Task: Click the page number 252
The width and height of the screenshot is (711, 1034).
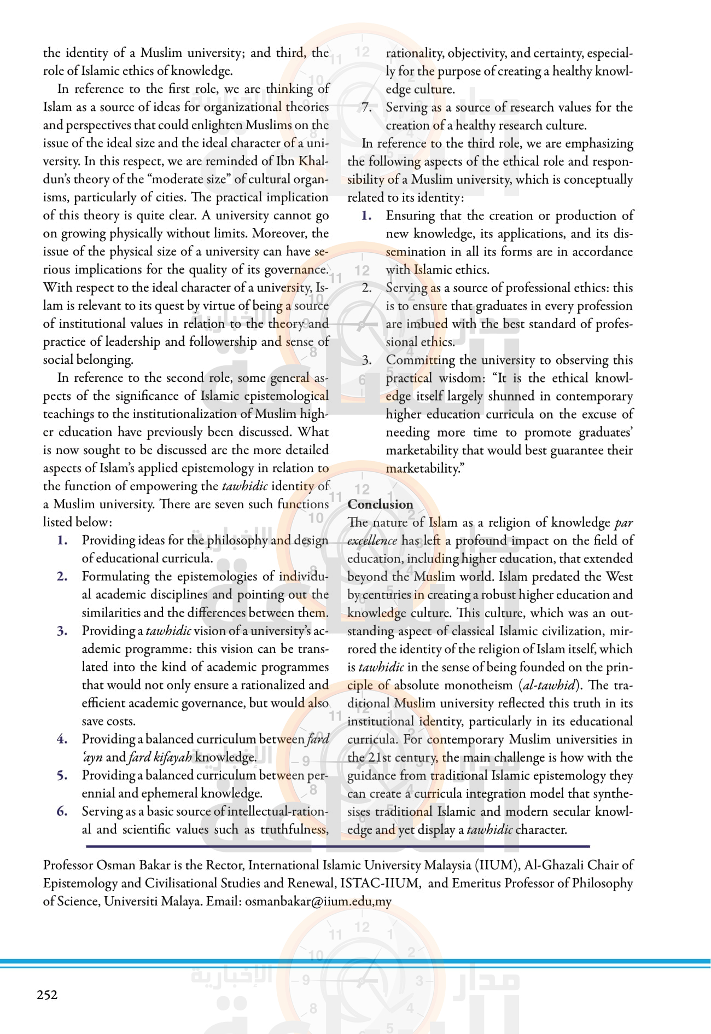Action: (x=47, y=995)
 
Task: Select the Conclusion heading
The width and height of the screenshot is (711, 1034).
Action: (x=380, y=504)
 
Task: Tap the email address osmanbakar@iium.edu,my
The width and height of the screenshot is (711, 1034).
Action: (x=318, y=901)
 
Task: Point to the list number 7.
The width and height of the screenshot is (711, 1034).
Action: (x=366, y=107)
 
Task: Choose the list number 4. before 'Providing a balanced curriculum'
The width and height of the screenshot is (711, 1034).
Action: (x=62, y=739)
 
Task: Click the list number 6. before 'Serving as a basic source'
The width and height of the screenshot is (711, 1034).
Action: (x=62, y=811)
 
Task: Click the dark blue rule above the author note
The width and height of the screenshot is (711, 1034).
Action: (x=337, y=846)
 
